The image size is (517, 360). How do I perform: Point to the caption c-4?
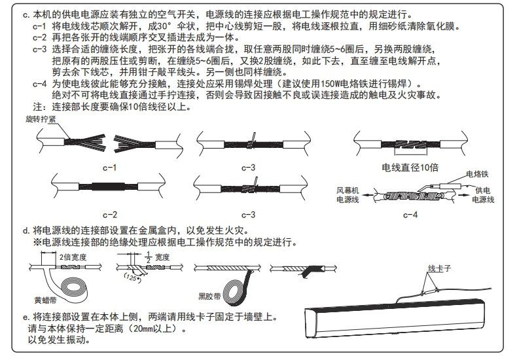tap(410, 213)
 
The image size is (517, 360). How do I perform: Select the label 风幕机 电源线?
tap(349, 194)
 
